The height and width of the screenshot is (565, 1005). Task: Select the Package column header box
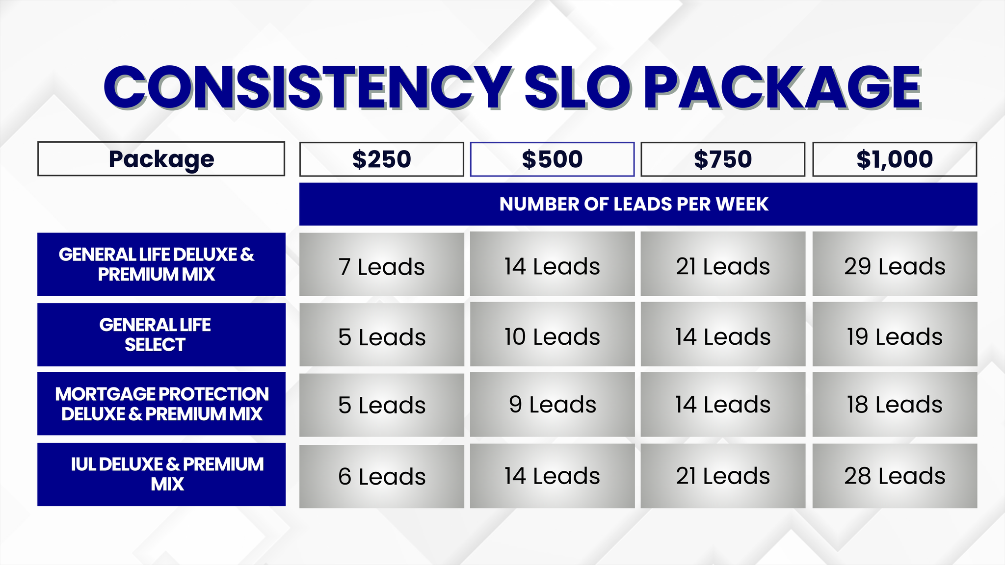pyautogui.click(x=161, y=159)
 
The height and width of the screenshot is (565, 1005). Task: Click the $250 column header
pyautogui.click(x=381, y=159)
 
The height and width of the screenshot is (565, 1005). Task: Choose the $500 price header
pyautogui.click(x=552, y=159)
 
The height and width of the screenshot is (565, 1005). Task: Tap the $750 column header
pyautogui.click(x=722, y=159)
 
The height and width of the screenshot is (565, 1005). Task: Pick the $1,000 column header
pyautogui.click(x=895, y=159)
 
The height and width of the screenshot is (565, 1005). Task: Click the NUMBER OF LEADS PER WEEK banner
pyautogui.click(x=638, y=204)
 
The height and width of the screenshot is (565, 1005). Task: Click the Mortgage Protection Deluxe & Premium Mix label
pyautogui.click(x=161, y=404)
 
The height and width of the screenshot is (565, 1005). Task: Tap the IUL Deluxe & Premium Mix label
pyautogui.click(x=161, y=474)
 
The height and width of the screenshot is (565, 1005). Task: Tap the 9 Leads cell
pyautogui.click(x=552, y=404)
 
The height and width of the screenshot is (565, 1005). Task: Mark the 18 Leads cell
pyautogui.click(x=895, y=404)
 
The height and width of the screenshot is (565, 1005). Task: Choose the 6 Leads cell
pyautogui.click(x=381, y=476)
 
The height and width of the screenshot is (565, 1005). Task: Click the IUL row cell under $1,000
pyautogui.click(x=895, y=476)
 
